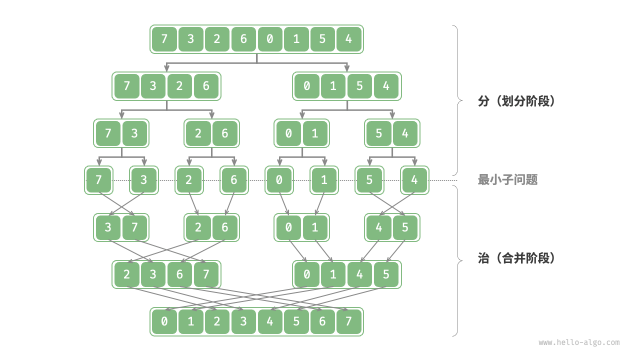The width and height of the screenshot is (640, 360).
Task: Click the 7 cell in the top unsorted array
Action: tap(164, 39)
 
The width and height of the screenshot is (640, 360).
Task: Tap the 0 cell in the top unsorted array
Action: tap(270, 39)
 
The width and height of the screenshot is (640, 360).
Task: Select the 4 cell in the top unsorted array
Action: tap(349, 39)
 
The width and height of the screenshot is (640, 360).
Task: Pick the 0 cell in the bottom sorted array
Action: tap(164, 321)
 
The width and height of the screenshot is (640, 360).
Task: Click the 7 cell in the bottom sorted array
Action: tap(349, 321)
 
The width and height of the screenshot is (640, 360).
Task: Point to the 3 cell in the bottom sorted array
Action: tap(243, 321)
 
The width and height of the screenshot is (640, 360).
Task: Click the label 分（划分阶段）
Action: tap(516, 101)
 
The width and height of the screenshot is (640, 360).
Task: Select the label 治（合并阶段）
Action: tap(516, 258)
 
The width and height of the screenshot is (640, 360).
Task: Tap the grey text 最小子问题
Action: tap(507, 180)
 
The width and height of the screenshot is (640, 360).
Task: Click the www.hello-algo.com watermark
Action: tap(579, 342)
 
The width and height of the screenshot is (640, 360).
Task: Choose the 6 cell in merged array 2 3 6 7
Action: tap(179, 274)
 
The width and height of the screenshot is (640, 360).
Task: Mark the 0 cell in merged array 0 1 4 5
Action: tap(307, 274)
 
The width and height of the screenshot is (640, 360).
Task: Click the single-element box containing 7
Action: tap(98, 180)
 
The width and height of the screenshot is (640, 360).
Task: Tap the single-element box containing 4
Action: tap(414, 180)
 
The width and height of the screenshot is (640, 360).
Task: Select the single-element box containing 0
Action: tap(279, 180)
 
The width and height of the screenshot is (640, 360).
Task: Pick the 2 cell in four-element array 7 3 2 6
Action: tap(179, 86)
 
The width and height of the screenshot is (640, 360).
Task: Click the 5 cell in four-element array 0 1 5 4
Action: tap(359, 86)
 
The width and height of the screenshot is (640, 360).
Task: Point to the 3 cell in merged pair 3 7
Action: tap(108, 227)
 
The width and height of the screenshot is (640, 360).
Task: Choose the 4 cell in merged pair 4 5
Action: tap(379, 227)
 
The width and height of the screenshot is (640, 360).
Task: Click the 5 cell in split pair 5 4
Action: tap(379, 133)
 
